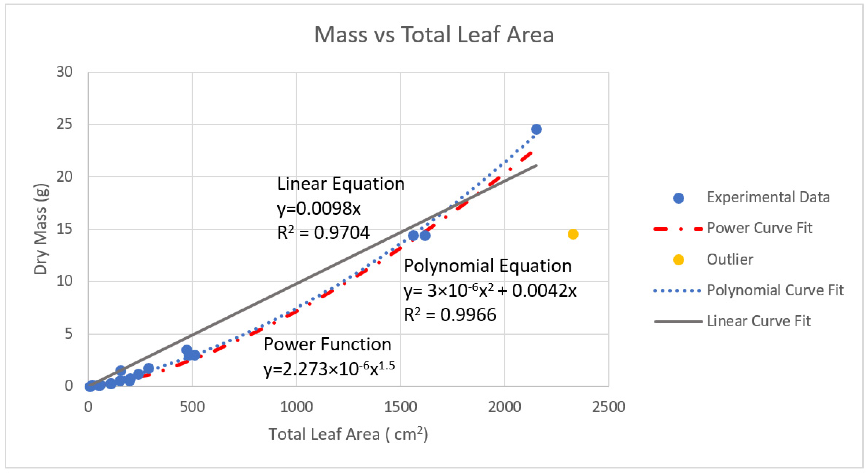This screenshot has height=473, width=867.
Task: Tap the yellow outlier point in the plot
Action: [573, 234]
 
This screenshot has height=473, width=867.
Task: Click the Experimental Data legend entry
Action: [768, 197]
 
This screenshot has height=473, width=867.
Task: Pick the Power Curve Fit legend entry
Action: [759, 228]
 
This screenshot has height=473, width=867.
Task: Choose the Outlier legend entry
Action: [730, 259]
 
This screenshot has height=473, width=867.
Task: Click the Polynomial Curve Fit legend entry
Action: [775, 290]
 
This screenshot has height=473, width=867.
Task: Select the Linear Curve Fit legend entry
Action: [759, 321]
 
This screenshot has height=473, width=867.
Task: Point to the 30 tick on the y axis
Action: [65, 72]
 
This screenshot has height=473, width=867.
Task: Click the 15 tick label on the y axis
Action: [65, 229]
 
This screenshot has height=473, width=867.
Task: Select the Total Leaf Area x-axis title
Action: [348, 434]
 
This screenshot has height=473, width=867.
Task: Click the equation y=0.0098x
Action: [319, 209]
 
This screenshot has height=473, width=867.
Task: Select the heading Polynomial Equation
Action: [487, 266]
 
